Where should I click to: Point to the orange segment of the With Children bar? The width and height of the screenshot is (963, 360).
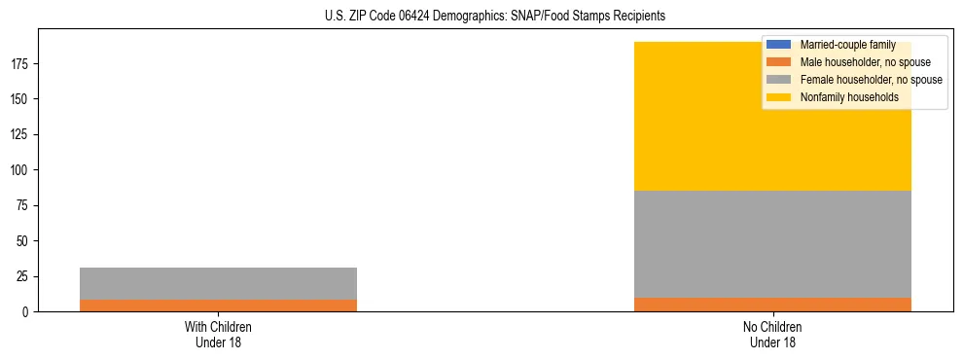(x=218, y=306)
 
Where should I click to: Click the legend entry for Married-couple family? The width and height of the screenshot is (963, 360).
(x=847, y=45)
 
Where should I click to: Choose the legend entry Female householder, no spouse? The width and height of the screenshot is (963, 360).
(x=871, y=80)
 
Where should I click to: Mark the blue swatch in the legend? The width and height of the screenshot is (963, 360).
(x=779, y=45)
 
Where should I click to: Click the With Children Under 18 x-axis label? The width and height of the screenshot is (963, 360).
(x=218, y=334)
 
